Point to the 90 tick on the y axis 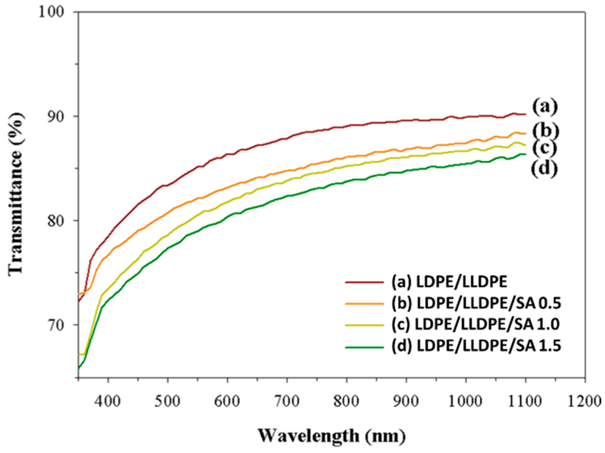pos(56,116)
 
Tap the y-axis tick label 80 pos(56,221)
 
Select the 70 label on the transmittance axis pos(56,325)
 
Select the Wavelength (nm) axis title pos(332,436)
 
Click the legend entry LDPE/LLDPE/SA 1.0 pos(476,324)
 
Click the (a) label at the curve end pos(545,106)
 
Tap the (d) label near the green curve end pos(544,169)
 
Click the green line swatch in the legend pos(364,347)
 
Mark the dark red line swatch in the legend pos(364,282)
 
